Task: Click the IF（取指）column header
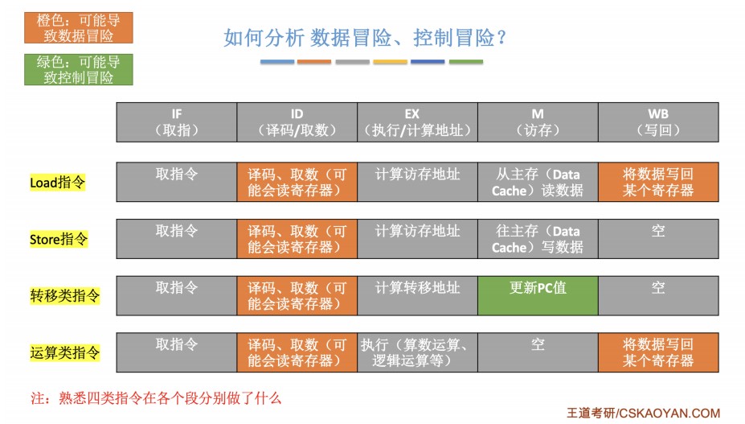click(x=177, y=122)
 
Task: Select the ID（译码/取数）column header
click(x=297, y=122)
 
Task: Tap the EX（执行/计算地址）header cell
click(x=417, y=122)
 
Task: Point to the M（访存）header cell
click(x=538, y=122)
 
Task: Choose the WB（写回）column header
click(x=658, y=122)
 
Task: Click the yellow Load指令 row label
click(x=58, y=183)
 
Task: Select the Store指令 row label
click(x=59, y=239)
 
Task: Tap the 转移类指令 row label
click(x=64, y=295)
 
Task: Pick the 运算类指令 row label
click(x=64, y=352)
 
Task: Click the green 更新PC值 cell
click(x=538, y=295)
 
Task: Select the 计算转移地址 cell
click(x=417, y=295)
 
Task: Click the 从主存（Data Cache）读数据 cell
click(x=538, y=183)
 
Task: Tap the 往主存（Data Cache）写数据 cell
click(x=538, y=239)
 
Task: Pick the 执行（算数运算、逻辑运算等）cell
click(x=417, y=352)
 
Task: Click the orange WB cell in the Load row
click(x=658, y=183)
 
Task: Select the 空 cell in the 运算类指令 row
click(x=538, y=352)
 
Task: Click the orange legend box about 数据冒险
click(x=79, y=27)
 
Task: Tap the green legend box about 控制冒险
click(x=79, y=69)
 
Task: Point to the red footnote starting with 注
click(x=156, y=398)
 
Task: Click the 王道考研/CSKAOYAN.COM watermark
click(x=643, y=413)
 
